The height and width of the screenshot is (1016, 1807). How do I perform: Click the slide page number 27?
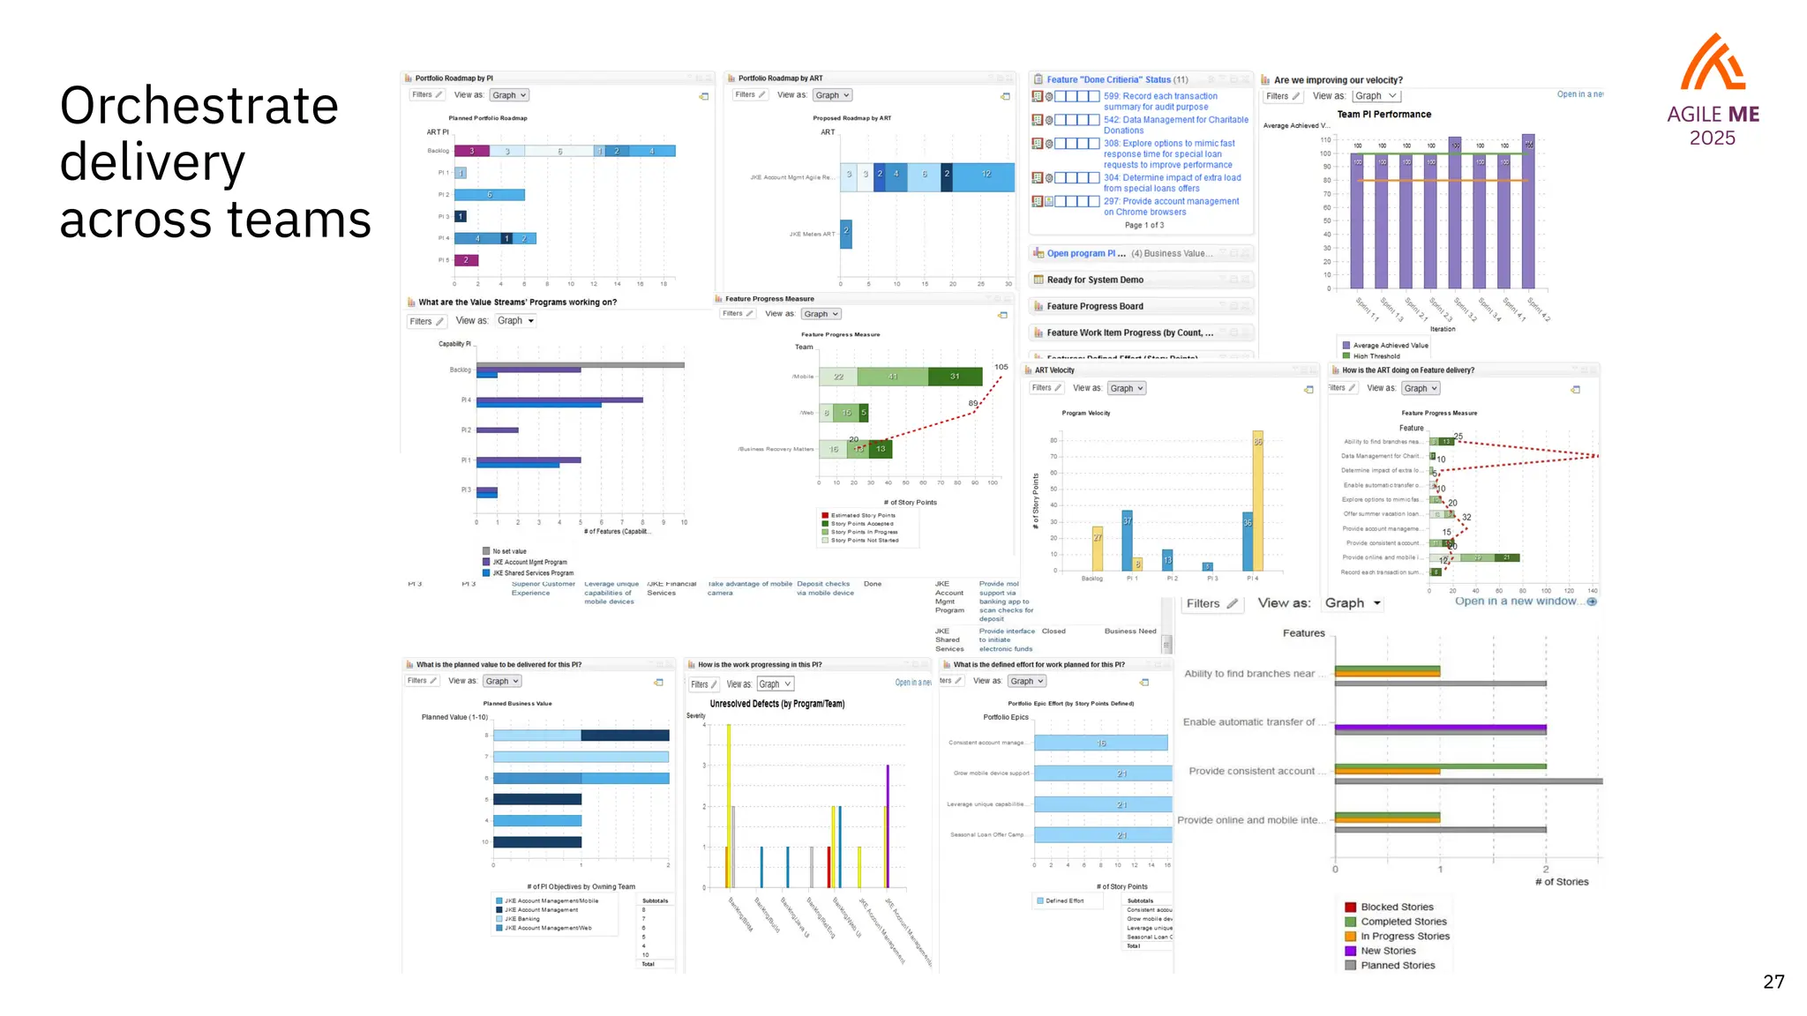pos(1773,982)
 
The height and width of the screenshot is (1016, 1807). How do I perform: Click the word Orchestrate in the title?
pos(199,106)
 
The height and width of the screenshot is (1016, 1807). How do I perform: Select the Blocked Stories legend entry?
pos(1396,907)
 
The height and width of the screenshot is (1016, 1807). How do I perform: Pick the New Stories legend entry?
pos(1387,951)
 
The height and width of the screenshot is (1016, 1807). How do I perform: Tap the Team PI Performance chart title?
pos(1383,115)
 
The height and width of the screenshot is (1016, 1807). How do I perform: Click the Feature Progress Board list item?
pos(1094,306)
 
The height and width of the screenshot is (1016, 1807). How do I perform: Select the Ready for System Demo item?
pos(1094,280)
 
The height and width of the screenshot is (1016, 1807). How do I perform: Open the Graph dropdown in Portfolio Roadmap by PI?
pos(509,95)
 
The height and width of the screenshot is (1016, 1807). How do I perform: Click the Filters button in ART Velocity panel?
pos(1046,388)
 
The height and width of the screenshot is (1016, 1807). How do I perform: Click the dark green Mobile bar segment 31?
pos(955,377)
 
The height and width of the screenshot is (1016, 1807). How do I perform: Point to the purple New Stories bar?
pos(1440,728)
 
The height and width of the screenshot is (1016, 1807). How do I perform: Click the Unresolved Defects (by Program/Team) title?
pos(776,704)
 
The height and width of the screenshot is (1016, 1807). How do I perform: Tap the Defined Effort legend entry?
pos(1063,900)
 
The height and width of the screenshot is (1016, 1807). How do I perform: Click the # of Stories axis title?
pos(1561,882)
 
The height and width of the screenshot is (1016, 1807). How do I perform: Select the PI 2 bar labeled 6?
pos(490,195)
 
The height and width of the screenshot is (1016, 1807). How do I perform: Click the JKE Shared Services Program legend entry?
pos(532,573)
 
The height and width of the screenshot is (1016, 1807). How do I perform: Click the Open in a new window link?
pos(1515,601)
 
